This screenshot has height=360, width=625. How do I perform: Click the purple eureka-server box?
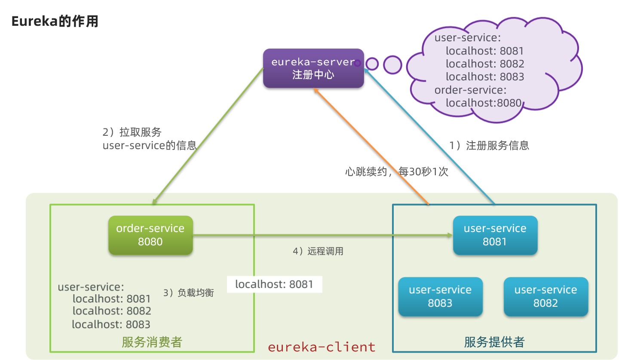click(x=313, y=68)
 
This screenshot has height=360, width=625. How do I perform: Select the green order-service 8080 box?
click(x=150, y=235)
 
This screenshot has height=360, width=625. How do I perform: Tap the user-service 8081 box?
click(x=495, y=235)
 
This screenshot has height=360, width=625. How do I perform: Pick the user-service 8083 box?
click(x=440, y=297)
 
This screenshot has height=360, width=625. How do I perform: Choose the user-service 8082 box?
click(x=545, y=297)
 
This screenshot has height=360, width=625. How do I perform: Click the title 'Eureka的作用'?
click(x=55, y=21)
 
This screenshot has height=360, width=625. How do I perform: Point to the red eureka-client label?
click(x=322, y=347)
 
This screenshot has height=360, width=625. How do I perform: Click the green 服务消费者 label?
click(x=152, y=342)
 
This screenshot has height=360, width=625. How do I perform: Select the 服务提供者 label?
click(x=494, y=342)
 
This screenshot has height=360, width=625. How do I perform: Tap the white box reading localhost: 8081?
click(x=274, y=284)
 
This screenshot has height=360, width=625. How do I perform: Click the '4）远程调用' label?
click(x=318, y=252)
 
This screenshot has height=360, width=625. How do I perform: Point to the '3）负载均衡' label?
click(x=189, y=293)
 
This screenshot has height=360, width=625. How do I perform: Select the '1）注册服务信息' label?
click(x=489, y=146)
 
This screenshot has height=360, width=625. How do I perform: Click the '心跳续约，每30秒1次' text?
click(x=396, y=172)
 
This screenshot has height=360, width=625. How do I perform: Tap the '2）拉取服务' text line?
click(x=132, y=132)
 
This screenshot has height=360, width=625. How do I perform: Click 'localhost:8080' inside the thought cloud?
click(x=483, y=103)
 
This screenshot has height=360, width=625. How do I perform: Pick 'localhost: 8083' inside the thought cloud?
click(x=485, y=77)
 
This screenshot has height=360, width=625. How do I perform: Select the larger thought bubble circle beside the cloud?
click(x=392, y=65)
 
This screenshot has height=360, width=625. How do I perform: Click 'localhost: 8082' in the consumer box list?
click(x=111, y=311)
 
